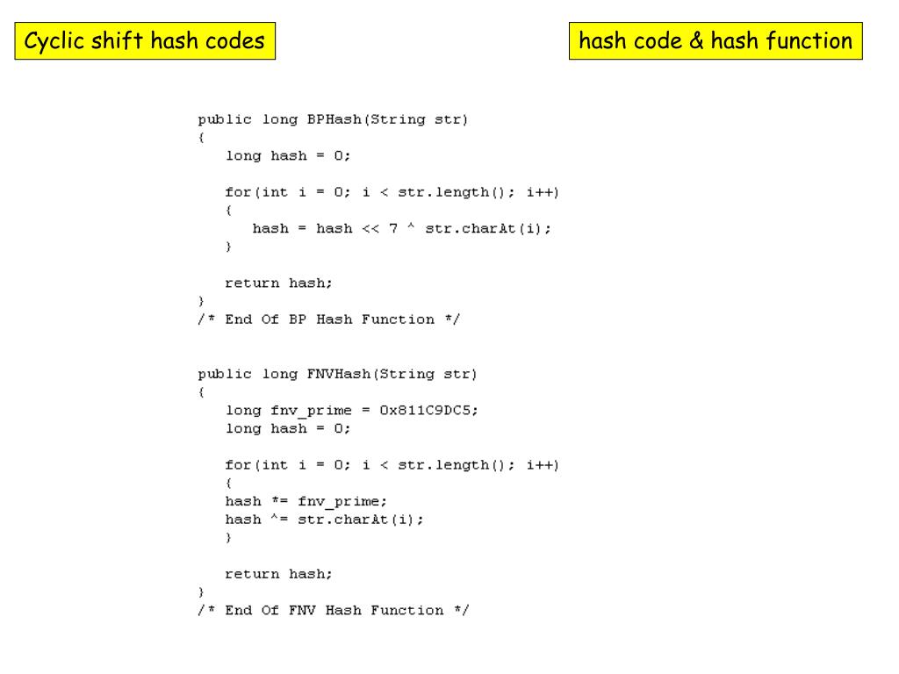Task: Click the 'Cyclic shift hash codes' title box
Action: (x=145, y=41)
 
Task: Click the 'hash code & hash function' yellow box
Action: (x=716, y=41)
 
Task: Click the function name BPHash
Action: (x=334, y=119)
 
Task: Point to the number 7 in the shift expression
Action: (x=394, y=228)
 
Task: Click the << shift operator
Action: (x=370, y=228)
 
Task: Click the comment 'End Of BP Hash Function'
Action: (x=329, y=319)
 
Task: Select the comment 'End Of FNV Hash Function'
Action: (x=334, y=610)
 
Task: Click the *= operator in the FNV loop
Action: (x=279, y=501)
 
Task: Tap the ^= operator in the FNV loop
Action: (x=279, y=520)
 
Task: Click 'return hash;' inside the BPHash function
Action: (x=279, y=283)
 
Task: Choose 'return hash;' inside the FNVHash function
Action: (x=279, y=574)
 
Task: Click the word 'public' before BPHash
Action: (x=225, y=119)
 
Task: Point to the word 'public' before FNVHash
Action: (x=225, y=374)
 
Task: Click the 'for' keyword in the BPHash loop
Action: (x=238, y=192)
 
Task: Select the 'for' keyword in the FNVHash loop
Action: (x=238, y=465)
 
